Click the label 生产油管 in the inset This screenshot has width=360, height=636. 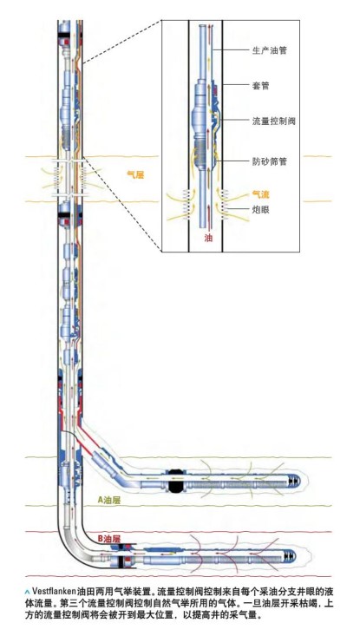click(x=270, y=50)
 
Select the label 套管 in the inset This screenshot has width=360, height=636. click(x=261, y=86)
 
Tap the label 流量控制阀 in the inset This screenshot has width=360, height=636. click(x=274, y=121)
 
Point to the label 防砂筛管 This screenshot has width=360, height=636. click(x=270, y=161)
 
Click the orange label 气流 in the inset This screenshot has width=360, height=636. click(x=261, y=194)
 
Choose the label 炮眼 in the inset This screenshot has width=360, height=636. click(x=261, y=210)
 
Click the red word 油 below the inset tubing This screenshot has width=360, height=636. click(x=208, y=238)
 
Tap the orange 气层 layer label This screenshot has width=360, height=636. click(x=135, y=175)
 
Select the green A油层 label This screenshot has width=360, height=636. click(x=109, y=500)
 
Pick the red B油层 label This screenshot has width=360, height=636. click(x=109, y=539)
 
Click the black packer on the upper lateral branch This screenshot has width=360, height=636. click(x=176, y=480)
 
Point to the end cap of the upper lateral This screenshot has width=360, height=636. click(x=293, y=481)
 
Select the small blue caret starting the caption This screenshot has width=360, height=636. click(x=27, y=591)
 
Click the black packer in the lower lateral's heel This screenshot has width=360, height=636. click(x=121, y=561)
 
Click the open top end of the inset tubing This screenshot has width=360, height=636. click(x=204, y=26)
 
